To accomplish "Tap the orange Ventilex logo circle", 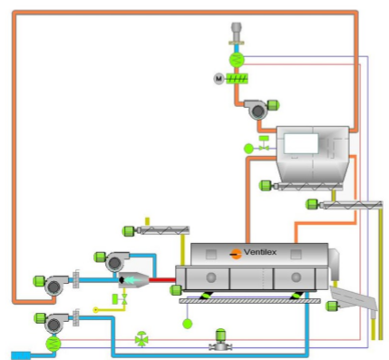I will pos(237,252).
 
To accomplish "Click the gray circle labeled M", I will pos(219,79).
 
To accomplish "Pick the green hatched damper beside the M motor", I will pos(238,79).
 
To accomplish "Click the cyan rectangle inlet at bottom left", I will pos(20,354).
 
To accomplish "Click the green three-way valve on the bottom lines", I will pos(141,340).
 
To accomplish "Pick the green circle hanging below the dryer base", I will pos(188,323).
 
